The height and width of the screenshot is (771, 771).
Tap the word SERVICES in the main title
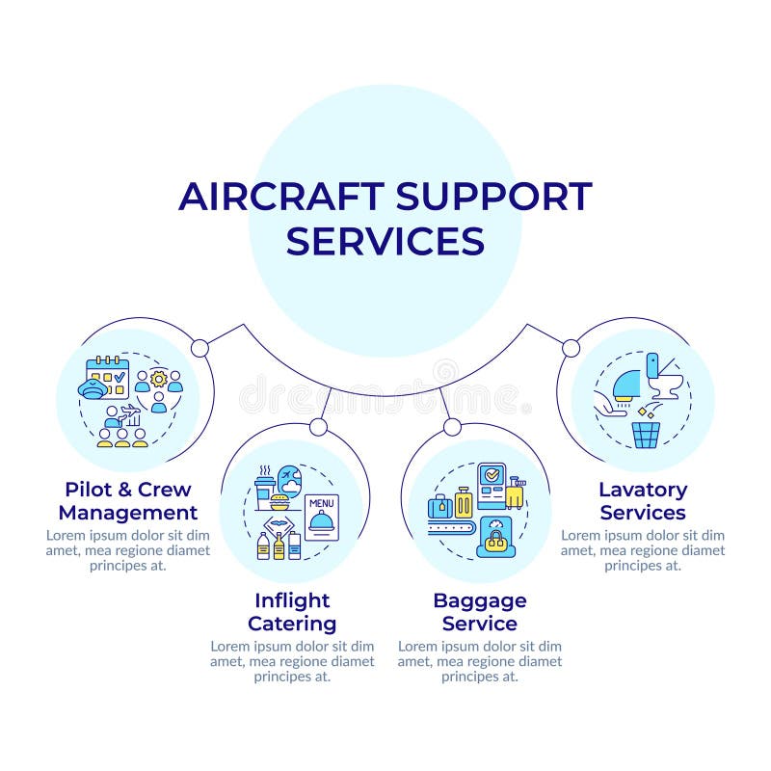(385, 241)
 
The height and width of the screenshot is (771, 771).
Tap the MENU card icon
(321, 513)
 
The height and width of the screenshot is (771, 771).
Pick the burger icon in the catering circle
(279, 503)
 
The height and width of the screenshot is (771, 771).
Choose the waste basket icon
(646, 434)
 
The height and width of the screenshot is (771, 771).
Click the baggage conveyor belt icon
(450, 526)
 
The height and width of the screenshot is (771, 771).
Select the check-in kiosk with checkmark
(492, 483)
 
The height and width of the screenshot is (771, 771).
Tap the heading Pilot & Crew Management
(127, 500)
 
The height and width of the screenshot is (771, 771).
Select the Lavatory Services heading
(643, 500)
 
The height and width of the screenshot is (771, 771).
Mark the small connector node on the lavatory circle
(571, 348)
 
